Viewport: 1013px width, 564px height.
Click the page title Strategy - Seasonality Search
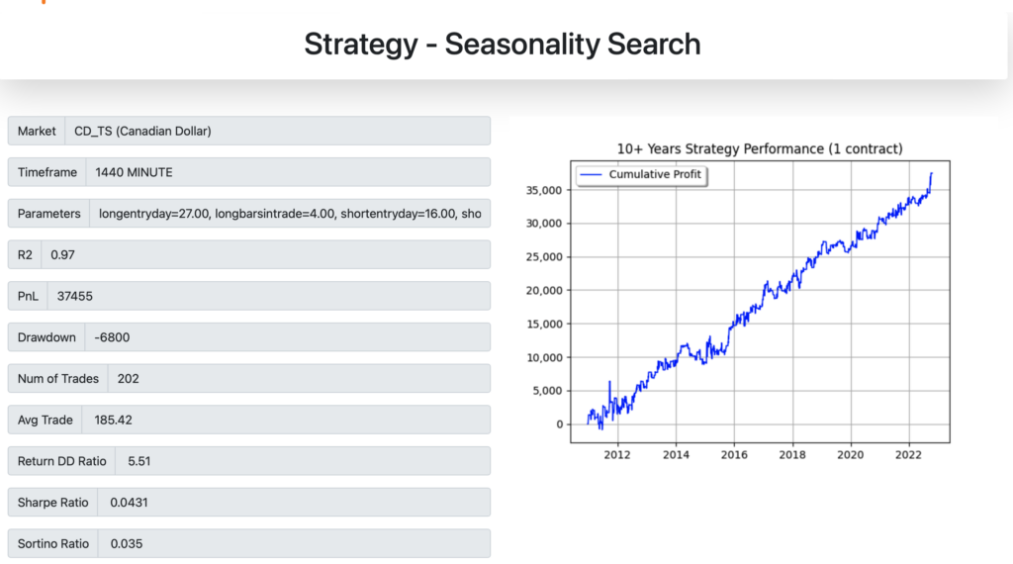tap(502, 44)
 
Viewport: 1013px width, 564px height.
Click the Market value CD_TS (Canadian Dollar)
tap(142, 132)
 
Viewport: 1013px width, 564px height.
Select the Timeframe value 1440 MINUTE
tap(134, 172)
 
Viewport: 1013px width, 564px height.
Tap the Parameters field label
tap(49, 214)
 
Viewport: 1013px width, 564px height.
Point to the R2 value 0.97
tap(62, 255)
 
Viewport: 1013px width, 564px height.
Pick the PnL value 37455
tap(75, 297)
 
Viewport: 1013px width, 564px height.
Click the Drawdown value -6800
tap(112, 337)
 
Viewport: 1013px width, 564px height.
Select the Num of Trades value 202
tap(128, 379)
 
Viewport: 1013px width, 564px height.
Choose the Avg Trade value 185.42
tap(113, 421)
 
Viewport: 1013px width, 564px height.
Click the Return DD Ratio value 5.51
tap(138, 461)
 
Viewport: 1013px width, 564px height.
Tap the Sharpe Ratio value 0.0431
tap(129, 503)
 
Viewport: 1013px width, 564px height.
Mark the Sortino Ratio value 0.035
tap(126, 544)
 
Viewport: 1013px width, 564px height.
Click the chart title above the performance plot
tap(760, 148)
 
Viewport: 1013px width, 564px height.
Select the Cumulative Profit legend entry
tap(641, 174)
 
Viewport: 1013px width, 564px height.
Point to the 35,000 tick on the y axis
tap(544, 190)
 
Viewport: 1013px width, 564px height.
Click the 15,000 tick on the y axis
tap(544, 324)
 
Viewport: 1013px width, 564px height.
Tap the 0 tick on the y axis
tap(560, 424)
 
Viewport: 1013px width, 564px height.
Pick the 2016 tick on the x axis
tap(734, 455)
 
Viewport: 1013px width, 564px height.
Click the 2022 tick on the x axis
tap(908, 455)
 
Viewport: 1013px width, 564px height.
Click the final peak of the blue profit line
tap(932, 173)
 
